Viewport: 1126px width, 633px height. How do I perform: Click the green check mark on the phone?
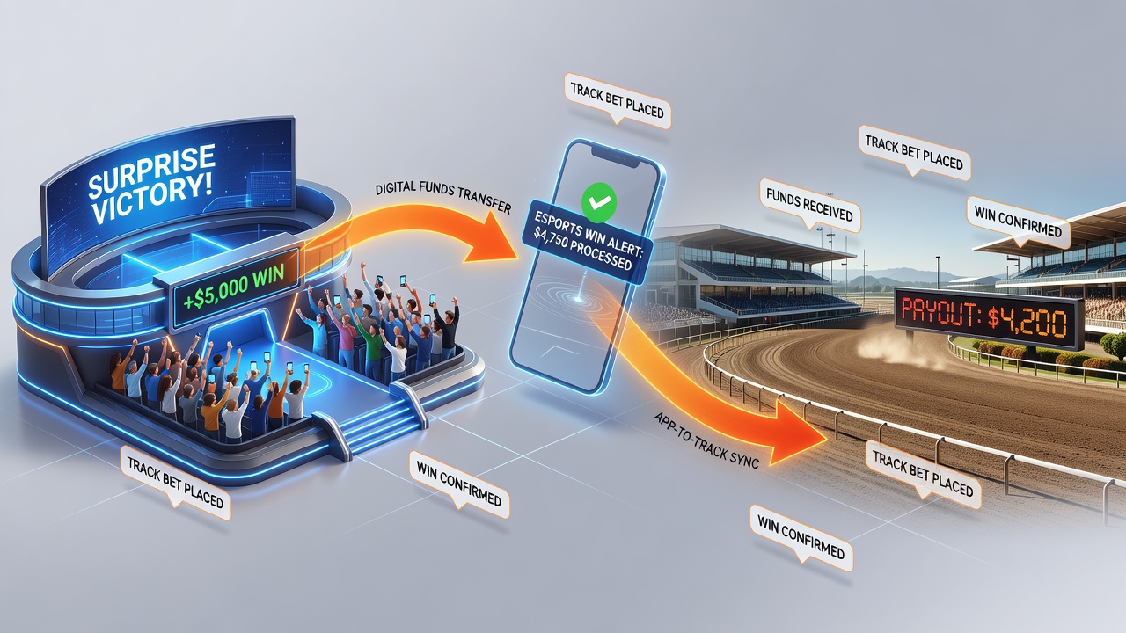pyautogui.click(x=598, y=202)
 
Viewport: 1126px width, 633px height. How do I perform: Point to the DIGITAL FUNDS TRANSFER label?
pyautogui.click(x=442, y=197)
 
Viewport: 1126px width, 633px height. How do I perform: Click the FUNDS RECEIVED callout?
pyautogui.click(x=809, y=207)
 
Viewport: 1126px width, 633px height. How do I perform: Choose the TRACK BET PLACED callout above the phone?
pyautogui.click(x=618, y=101)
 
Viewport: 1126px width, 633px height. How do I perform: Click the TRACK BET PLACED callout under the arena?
pyautogui.click(x=175, y=483)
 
